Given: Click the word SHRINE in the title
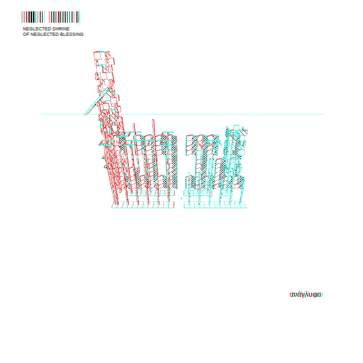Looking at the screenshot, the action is tap(61, 29).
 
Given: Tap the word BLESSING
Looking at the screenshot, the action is tap(72, 34).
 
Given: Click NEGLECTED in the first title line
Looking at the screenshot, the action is tap(37, 29).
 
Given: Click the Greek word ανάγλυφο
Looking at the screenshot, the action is tap(306, 294).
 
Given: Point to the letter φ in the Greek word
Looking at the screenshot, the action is tap(315, 295).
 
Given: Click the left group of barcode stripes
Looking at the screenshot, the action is tap(33, 17).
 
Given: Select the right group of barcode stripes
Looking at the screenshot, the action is tap(64, 17).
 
